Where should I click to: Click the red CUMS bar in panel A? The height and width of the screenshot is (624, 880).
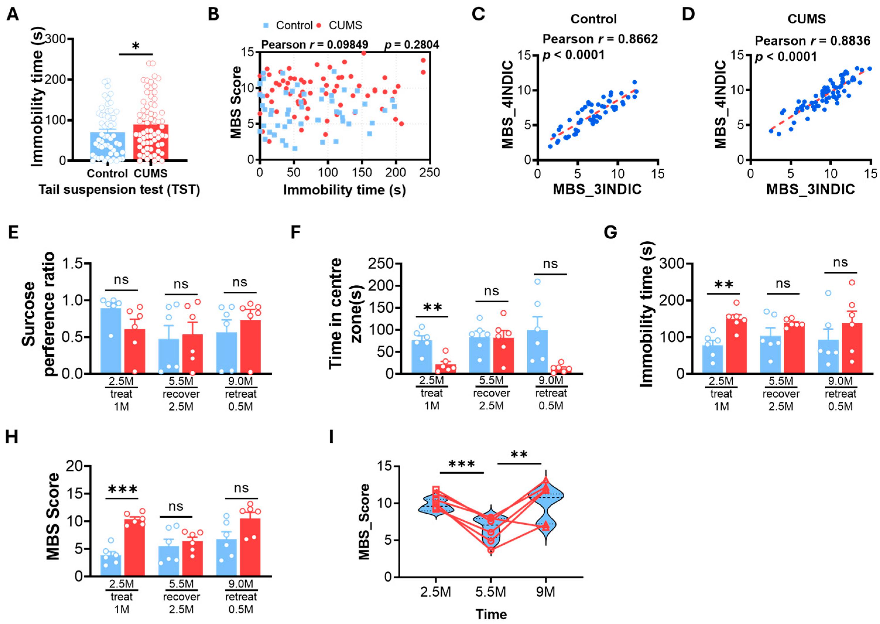pyautogui.click(x=150, y=142)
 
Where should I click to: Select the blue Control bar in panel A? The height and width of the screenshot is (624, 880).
pyautogui.click(x=107, y=146)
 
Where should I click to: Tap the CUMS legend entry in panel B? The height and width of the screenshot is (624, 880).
pyautogui.click(x=340, y=25)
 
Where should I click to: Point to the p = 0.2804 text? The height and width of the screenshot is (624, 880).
pyautogui.click(x=412, y=45)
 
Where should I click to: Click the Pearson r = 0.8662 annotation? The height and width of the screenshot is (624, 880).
pyautogui.click(x=600, y=39)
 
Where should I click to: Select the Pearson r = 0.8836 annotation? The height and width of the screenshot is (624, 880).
pyautogui.click(x=812, y=41)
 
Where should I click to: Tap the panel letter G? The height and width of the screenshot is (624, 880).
pyautogui.click(x=610, y=232)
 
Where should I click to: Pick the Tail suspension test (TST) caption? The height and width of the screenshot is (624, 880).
pyautogui.click(x=119, y=189)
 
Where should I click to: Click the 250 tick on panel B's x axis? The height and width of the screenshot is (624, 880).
pyautogui.click(x=430, y=172)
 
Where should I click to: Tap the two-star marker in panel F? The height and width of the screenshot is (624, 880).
pyautogui.click(x=432, y=308)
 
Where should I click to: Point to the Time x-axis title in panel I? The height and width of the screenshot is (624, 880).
pyautogui.click(x=491, y=614)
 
